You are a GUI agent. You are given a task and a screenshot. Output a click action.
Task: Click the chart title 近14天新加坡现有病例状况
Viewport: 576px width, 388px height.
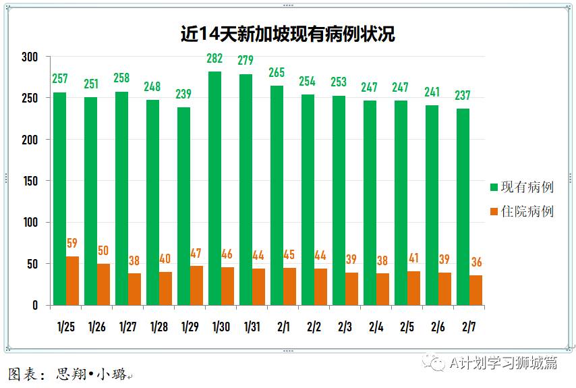tap(287, 34)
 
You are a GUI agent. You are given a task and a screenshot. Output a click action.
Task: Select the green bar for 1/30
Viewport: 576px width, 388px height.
tap(214, 188)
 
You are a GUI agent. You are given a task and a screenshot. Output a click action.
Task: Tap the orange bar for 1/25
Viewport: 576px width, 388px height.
tap(72, 281)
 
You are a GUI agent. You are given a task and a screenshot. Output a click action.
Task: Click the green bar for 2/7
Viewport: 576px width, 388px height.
tap(463, 206)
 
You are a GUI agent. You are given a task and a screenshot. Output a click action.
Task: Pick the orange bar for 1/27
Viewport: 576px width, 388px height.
tap(134, 289)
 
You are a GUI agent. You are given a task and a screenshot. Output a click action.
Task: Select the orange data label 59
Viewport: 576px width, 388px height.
tap(72, 244)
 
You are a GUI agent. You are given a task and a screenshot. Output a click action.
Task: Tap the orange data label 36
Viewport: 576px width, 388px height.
tap(476, 262)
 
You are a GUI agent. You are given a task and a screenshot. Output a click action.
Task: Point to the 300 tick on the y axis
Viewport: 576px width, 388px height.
tap(31, 57)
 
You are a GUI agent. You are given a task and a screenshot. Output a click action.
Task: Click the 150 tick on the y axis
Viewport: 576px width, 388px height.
tap(31, 181)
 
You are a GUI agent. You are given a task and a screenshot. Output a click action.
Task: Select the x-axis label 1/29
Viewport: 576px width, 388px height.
tap(190, 327)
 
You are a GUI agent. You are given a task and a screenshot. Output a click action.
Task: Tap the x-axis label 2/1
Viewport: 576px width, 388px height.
tap(283, 327)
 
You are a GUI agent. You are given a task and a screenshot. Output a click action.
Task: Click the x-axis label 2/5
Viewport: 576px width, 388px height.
tap(407, 327)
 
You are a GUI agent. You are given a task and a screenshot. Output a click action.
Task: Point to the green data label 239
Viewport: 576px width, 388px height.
tap(183, 94)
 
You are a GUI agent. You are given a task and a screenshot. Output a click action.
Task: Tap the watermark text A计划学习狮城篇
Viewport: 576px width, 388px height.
tap(503, 363)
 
